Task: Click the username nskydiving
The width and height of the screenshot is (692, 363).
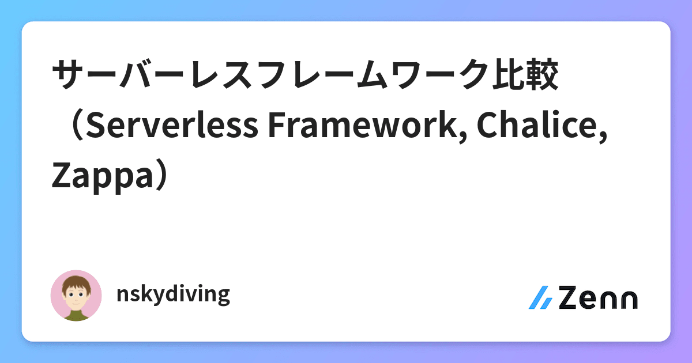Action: [173, 295]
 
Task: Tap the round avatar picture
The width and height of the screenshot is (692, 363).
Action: [77, 296]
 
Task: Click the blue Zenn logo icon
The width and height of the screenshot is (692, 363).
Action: [540, 297]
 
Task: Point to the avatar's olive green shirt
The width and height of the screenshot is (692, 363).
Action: [76, 315]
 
